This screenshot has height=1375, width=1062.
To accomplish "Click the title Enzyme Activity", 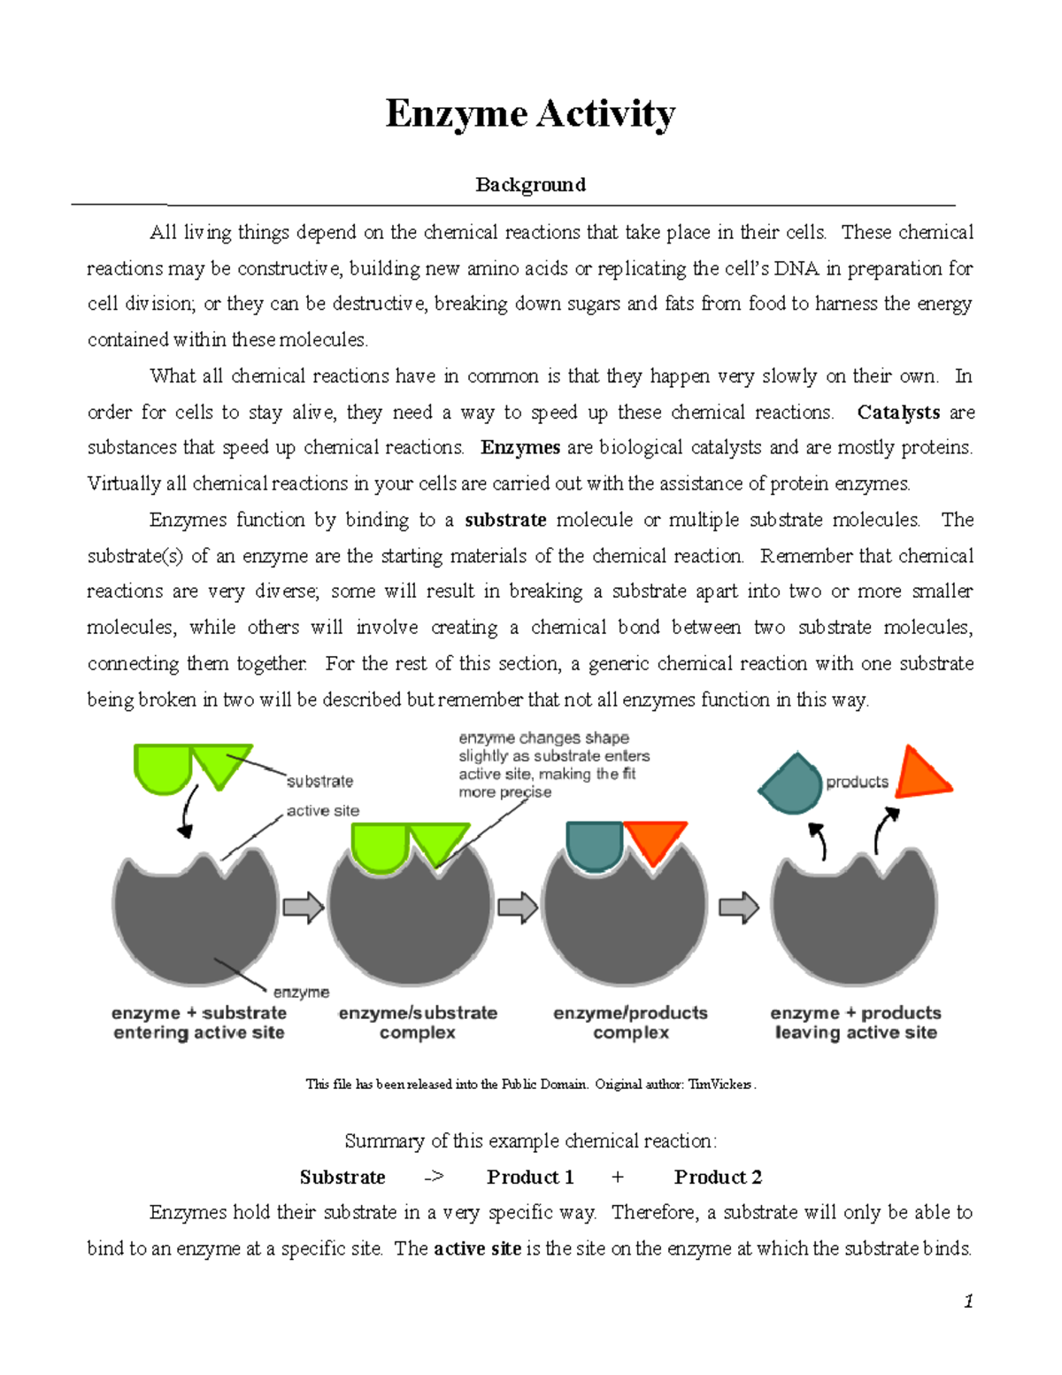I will [x=530, y=114].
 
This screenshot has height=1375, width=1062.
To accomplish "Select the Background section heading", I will [x=530, y=184].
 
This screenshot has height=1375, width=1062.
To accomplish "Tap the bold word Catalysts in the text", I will [x=898, y=413].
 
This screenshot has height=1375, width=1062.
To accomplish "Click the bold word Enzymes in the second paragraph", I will [x=520, y=448].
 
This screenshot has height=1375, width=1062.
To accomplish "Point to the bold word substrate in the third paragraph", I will [x=505, y=520].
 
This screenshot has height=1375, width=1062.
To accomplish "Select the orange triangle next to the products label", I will [x=921, y=774].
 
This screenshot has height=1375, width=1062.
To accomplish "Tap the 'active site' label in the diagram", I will [x=323, y=810].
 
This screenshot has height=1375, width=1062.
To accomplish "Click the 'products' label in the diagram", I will [x=857, y=782].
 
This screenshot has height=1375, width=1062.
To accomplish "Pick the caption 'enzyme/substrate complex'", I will [x=418, y=1023].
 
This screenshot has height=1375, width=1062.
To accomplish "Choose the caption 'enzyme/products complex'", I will [x=630, y=1023].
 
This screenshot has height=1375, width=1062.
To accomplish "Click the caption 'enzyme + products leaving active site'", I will [x=856, y=1023].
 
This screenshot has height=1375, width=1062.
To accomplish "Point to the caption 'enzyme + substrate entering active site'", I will [x=199, y=1023].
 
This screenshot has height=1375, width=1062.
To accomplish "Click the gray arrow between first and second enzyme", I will [x=304, y=908].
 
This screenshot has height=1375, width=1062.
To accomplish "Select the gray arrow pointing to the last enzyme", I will [x=739, y=908].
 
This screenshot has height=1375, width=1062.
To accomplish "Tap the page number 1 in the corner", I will [x=968, y=1301].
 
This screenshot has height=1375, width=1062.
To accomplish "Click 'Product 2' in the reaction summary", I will [x=718, y=1177].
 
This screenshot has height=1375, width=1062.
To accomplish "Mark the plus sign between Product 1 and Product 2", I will [x=617, y=1177].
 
